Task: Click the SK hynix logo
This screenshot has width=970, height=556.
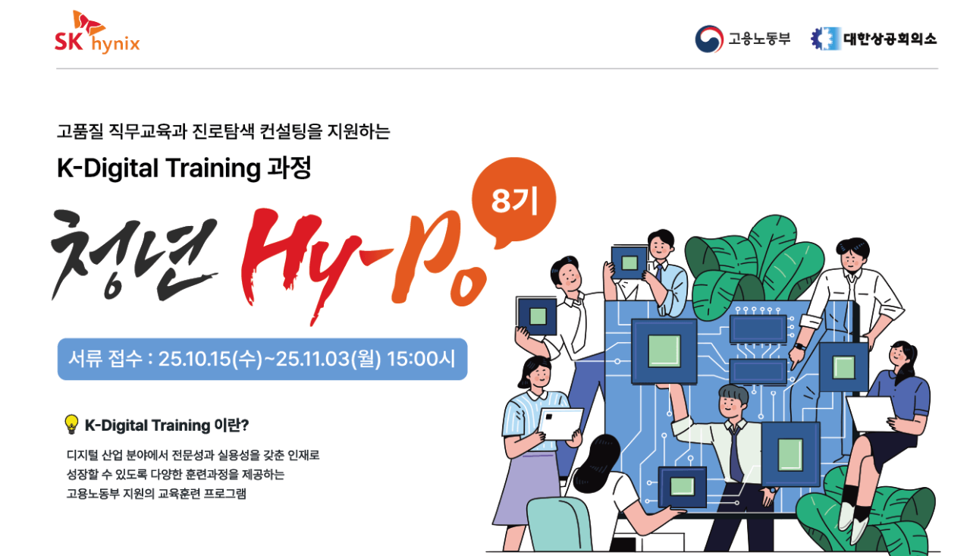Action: pyautogui.click(x=97, y=32)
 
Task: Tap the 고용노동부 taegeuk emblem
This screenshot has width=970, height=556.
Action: pyautogui.click(x=709, y=39)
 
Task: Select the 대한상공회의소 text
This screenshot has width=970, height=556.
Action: pyautogui.click(x=890, y=39)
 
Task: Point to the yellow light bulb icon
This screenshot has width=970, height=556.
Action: pyautogui.click(x=71, y=424)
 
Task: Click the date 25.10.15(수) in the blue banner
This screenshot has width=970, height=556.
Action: pyautogui.click(x=210, y=359)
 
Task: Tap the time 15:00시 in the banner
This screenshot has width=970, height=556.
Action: pyautogui.click(x=421, y=359)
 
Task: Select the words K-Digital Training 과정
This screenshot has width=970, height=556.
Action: pyautogui.click(x=184, y=168)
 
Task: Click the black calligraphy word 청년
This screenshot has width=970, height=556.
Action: pyautogui.click(x=134, y=256)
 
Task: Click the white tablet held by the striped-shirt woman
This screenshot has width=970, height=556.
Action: pyautogui.click(x=560, y=423)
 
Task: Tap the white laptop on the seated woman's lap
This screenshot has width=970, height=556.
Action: pyautogui.click(x=871, y=413)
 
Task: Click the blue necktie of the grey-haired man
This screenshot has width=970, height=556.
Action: pyautogui.click(x=735, y=453)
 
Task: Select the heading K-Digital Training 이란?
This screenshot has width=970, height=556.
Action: pyautogui.click(x=167, y=426)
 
